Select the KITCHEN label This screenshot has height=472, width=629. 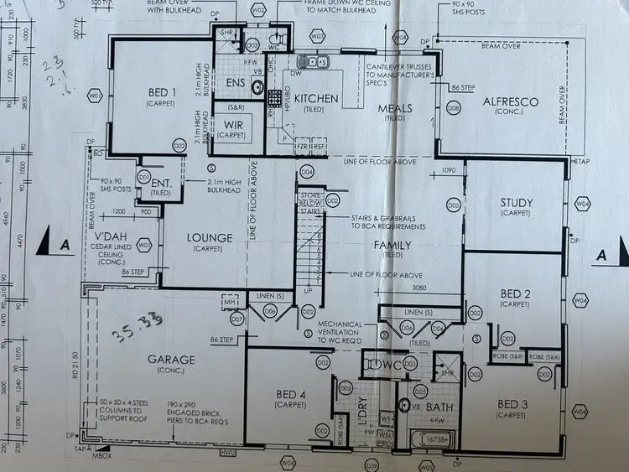click(x=316, y=99)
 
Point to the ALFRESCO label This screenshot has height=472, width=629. click(x=510, y=101)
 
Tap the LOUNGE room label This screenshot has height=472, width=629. click(x=211, y=238)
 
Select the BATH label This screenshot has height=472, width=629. click(x=439, y=407)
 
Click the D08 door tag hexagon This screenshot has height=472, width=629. click(x=454, y=108)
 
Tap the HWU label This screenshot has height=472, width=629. click(x=227, y=454)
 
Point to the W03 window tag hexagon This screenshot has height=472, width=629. click(x=317, y=37)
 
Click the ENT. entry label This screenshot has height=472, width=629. click(x=159, y=186)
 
